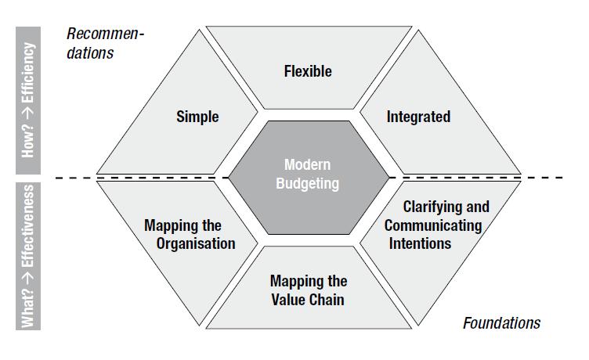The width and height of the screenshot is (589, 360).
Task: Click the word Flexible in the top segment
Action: coord(308,71)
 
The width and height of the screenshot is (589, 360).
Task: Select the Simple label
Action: coord(197,117)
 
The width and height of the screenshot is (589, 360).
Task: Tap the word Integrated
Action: coord(418,117)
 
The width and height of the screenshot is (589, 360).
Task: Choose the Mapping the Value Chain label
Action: coord(308,290)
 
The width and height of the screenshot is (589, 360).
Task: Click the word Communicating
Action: coord(433,225)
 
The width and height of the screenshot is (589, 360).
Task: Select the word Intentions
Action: coord(420,243)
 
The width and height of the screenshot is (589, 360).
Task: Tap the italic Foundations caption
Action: coord(501,323)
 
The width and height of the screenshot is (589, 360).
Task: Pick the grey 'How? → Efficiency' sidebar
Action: coord(29,99)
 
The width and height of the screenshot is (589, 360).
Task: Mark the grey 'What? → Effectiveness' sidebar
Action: coord(29,256)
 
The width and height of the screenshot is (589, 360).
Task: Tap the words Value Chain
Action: coord(308,299)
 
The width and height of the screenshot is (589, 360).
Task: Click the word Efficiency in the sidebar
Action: coord(29,76)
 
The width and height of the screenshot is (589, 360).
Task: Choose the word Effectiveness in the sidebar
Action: coord(29,234)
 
